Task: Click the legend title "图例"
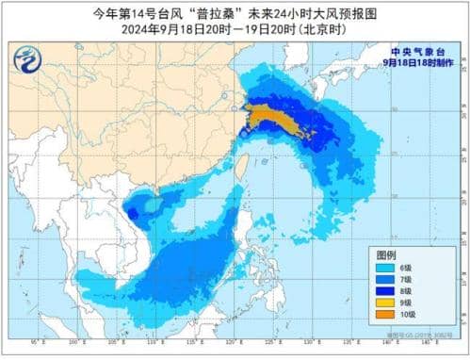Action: pyautogui.click(x=386, y=256)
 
